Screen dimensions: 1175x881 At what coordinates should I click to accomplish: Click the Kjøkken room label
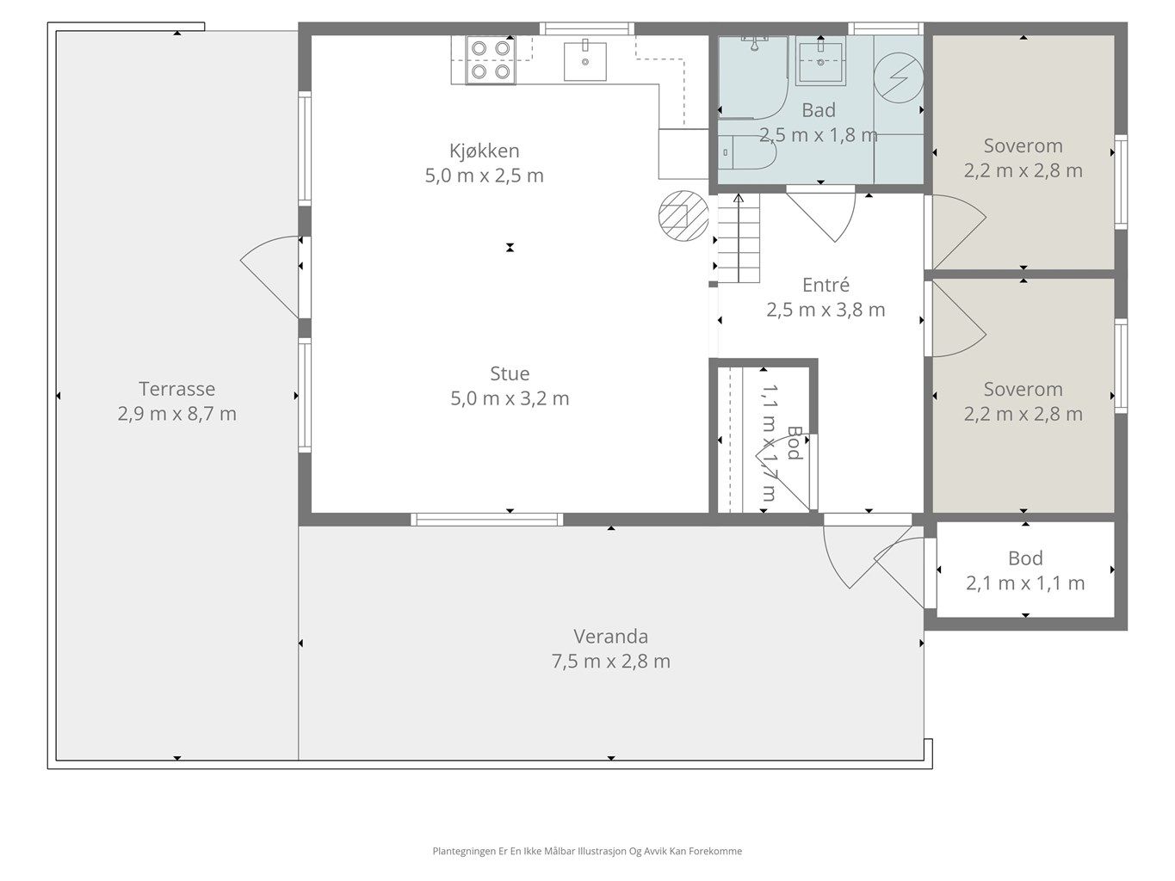pos(484,151)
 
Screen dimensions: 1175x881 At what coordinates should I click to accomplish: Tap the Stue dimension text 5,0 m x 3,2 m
pos(510,398)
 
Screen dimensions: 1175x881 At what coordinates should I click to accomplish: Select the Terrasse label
pos(177,389)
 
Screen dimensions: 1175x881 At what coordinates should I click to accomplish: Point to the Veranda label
pos(611,637)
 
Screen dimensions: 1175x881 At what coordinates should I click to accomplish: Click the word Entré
pos(826,285)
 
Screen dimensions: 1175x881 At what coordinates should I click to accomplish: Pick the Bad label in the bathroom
pos(819,110)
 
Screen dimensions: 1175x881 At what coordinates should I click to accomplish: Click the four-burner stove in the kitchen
pos(491,60)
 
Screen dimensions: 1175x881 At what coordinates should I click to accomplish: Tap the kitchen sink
pos(585,61)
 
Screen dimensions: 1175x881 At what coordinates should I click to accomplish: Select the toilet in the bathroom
pos(747,152)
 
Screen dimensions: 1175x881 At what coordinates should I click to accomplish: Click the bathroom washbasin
pos(820,61)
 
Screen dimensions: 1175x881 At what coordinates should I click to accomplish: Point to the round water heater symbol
pos(899,77)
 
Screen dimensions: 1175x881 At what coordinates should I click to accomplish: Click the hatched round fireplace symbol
pos(683,216)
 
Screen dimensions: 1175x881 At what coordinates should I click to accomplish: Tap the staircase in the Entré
pos(739,238)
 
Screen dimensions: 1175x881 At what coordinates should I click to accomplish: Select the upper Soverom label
pos(1023,146)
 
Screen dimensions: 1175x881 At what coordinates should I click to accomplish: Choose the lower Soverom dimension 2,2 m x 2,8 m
pos(1023,414)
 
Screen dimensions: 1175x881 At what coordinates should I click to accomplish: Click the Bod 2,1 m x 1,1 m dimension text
pos(1025,583)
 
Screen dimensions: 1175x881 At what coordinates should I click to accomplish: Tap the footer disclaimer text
pos(587,851)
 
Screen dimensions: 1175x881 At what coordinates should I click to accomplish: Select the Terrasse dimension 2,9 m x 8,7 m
pos(177,414)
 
